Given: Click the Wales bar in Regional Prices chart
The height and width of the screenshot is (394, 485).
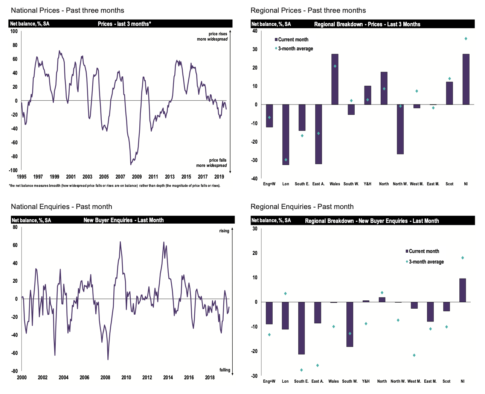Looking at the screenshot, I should point(335,79).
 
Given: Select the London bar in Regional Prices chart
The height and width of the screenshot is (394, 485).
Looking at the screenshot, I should point(286,135).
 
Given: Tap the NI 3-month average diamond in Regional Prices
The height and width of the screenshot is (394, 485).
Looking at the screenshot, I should point(466,39).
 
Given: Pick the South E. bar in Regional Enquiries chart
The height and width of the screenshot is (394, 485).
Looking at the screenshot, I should point(301,328).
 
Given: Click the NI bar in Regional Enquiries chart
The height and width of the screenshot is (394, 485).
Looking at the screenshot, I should point(462,290).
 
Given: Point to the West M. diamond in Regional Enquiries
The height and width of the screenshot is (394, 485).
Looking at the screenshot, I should point(414,355).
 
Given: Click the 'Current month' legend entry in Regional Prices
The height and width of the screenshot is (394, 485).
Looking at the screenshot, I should point(293,39).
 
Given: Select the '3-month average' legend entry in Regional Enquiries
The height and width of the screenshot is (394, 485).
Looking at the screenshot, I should point(426,262).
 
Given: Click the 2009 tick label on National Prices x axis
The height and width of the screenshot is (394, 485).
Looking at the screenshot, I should point(137,177).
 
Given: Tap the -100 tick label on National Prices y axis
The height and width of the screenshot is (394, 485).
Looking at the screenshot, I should point(14,170).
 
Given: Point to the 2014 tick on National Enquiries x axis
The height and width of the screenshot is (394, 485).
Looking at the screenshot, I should point(168,377).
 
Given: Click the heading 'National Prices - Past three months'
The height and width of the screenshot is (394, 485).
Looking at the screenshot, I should point(67,11).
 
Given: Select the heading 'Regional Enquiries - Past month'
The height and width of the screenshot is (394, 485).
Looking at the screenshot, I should point(302,207).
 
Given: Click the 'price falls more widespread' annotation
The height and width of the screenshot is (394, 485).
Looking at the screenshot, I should point(212,163).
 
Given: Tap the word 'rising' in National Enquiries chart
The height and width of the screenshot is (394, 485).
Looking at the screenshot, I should point(224,231).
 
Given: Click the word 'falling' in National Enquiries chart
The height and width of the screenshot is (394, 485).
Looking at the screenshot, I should point(225,370).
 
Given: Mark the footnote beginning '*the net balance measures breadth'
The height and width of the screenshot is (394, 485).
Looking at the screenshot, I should point(114,186).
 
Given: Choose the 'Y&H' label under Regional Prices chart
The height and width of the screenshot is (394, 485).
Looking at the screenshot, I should point(368,184).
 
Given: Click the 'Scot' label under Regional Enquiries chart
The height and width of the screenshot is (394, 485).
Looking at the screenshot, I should point(446,381).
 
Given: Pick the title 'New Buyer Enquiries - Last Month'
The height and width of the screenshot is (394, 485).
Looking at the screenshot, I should point(124,220).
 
